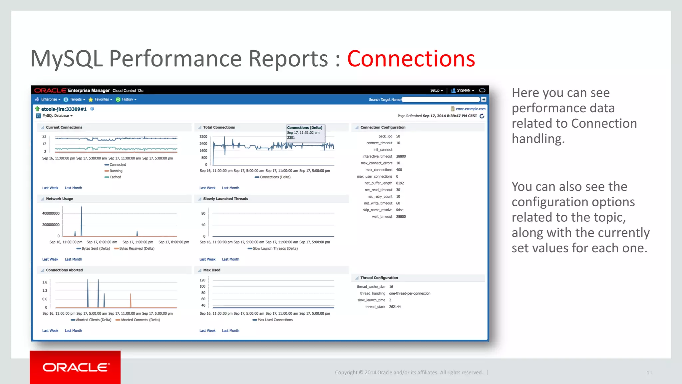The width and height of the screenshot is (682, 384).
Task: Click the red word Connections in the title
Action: point(411,59)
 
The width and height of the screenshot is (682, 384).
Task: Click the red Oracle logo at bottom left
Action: point(75,367)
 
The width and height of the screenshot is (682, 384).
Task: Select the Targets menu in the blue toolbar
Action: point(76,99)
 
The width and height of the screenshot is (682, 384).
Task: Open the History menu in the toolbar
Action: point(127,99)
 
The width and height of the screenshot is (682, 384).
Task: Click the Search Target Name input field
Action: point(440,99)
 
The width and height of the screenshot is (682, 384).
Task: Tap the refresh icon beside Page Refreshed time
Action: point(482,116)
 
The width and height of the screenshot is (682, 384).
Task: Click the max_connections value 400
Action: point(399,170)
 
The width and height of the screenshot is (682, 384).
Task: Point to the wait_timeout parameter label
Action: point(382,217)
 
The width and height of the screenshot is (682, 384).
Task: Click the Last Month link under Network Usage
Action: point(73,259)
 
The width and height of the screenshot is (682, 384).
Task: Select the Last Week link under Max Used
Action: point(207,331)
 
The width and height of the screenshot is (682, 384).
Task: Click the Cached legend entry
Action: point(115,177)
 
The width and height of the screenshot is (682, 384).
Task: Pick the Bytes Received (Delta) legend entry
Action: point(137,248)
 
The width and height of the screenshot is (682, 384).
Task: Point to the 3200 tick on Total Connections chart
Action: point(203,137)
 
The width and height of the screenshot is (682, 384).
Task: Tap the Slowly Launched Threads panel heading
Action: point(225,199)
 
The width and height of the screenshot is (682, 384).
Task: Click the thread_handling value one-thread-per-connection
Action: point(410,293)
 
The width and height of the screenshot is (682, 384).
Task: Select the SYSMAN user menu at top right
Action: point(463,90)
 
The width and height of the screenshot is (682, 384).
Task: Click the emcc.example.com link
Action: point(470,109)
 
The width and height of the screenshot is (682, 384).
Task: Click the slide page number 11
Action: point(649,372)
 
